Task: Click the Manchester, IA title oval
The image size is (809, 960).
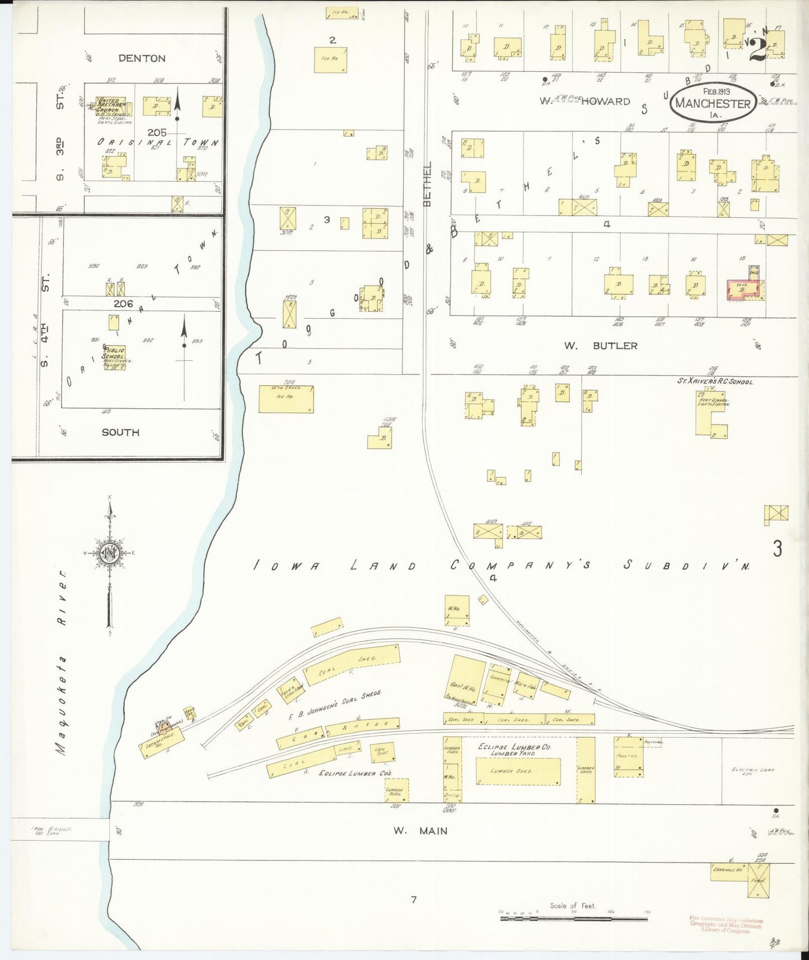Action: pyautogui.click(x=712, y=102)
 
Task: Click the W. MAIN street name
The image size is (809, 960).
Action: pyautogui.click(x=420, y=831)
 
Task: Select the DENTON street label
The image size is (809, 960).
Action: pyautogui.click(x=142, y=58)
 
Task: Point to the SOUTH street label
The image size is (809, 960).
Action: pyautogui.click(x=120, y=432)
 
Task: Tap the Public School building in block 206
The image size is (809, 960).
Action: pyautogui.click(x=114, y=358)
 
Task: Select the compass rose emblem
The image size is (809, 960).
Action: pyautogui.click(x=110, y=553)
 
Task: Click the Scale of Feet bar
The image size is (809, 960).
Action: pyautogui.click(x=573, y=919)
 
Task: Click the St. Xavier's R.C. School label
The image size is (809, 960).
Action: pyautogui.click(x=715, y=381)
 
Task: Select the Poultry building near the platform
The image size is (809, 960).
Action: pyautogui.click(x=628, y=757)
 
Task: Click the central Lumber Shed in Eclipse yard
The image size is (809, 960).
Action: pyautogui.click(x=518, y=772)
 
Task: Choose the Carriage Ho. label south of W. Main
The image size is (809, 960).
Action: pyautogui.click(x=727, y=870)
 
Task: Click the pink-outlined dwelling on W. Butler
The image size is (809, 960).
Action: pyautogui.click(x=742, y=290)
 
